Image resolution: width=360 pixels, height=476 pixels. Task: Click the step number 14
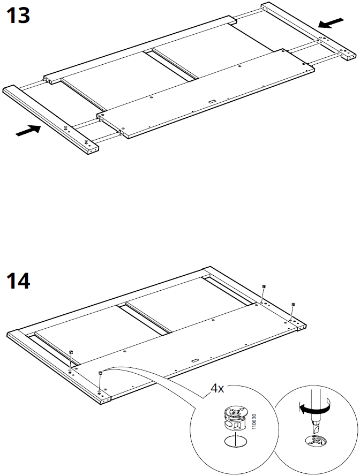18,280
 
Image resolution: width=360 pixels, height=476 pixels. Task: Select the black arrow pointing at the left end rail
28,130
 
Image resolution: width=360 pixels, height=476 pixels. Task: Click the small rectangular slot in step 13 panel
212,100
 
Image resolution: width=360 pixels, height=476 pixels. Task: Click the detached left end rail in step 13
51,119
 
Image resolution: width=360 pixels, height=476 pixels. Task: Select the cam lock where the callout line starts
100,373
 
